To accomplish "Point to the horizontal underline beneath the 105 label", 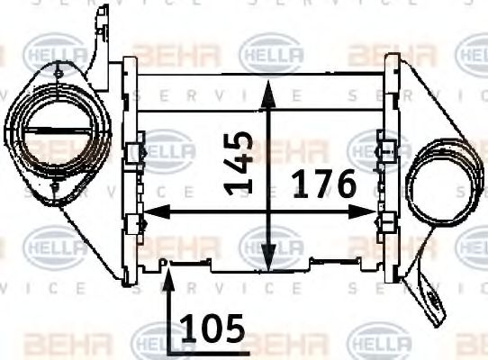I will (x=207, y=346).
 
